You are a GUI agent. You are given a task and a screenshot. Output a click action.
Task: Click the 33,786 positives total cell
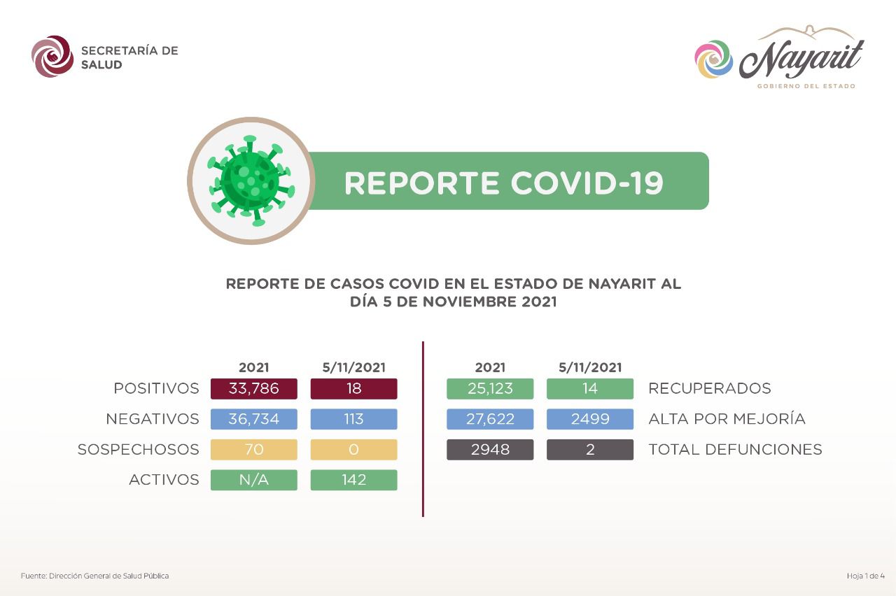pos(254,388)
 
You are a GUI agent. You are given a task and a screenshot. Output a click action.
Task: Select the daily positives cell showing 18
pos(354,388)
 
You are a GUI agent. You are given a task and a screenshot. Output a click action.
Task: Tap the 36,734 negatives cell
pos(254,419)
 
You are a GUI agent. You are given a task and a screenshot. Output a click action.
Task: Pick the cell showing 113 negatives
pos(354,419)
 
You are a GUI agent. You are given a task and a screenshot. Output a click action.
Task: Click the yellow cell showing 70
pos(254,449)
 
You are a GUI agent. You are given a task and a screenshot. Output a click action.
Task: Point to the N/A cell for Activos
pos(254,480)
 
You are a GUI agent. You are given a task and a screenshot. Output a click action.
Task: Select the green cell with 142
pos(354,480)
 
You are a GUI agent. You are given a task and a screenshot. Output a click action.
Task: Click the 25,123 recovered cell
pos(490,388)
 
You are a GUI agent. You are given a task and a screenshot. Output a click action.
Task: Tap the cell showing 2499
pos(590,419)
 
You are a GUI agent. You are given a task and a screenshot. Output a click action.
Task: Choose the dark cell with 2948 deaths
pos(490,449)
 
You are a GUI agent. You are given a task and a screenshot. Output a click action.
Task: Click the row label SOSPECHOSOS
pos(139,449)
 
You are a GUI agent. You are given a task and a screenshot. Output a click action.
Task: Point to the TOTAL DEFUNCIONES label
pos(735,449)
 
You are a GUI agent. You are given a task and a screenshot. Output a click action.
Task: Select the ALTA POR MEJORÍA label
pos(727,418)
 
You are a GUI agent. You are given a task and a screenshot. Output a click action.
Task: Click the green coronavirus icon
pos(251,180)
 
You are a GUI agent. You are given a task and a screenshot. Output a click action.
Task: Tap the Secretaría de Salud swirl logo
pos(52,57)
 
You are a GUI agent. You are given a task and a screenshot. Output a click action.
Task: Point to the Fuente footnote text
pos(94,576)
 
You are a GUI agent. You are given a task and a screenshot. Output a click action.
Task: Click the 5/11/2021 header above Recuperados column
pos(590,367)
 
